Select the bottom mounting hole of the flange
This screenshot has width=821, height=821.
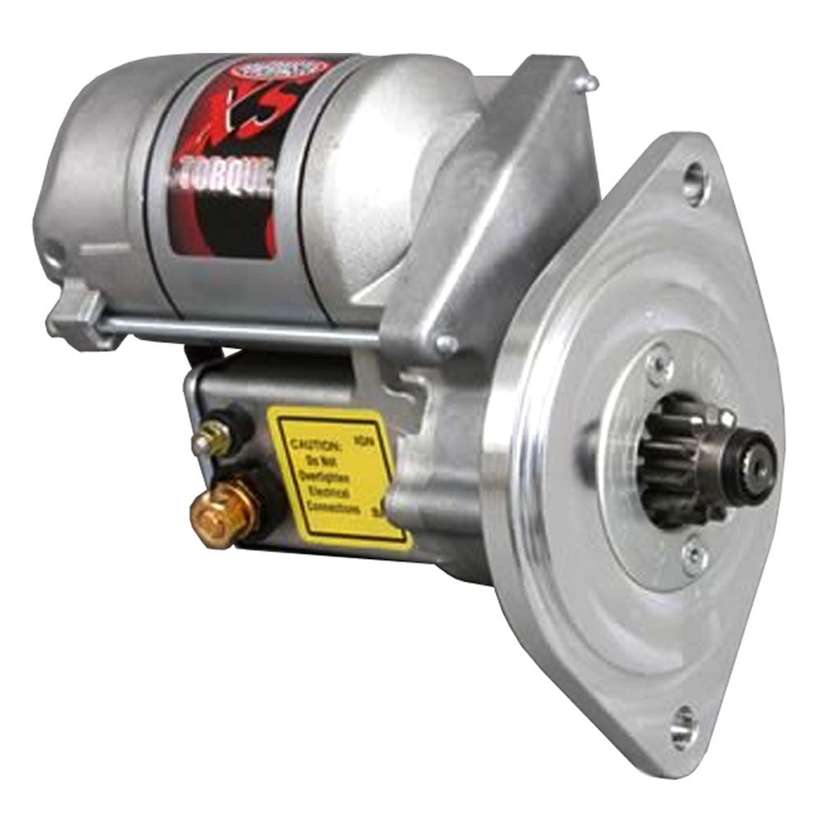click(681, 723)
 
